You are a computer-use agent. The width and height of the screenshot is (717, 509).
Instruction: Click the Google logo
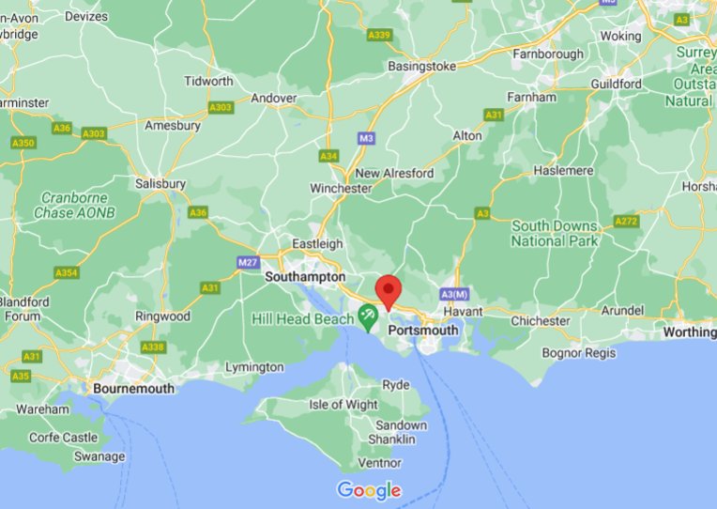click(x=369, y=490)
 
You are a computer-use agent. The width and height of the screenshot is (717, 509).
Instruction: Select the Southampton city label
click(x=305, y=278)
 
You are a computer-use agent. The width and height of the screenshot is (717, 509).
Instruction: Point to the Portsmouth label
click(x=423, y=331)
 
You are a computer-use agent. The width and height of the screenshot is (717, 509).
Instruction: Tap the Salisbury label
click(x=160, y=184)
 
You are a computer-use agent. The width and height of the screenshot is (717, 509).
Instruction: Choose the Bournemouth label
click(x=133, y=388)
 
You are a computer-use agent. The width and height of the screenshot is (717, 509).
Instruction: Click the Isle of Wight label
click(x=343, y=405)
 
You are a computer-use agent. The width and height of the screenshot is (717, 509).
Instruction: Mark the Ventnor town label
click(x=380, y=462)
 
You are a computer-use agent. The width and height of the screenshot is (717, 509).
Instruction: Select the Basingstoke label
click(x=422, y=67)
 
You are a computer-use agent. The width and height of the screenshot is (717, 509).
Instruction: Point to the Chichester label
click(x=540, y=320)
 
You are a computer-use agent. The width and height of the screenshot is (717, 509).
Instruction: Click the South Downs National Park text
click(x=555, y=234)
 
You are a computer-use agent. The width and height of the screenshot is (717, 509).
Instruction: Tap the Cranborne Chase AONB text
click(x=73, y=206)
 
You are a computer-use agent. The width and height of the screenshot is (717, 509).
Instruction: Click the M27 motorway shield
click(x=248, y=262)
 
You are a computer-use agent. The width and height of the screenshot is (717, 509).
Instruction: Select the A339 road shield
click(x=379, y=35)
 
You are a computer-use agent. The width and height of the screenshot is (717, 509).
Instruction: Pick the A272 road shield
click(x=626, y=222)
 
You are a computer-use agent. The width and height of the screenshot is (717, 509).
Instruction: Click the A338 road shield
click(x=152, y=347)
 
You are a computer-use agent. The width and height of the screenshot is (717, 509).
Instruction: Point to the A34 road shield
click(x=328, y=156)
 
